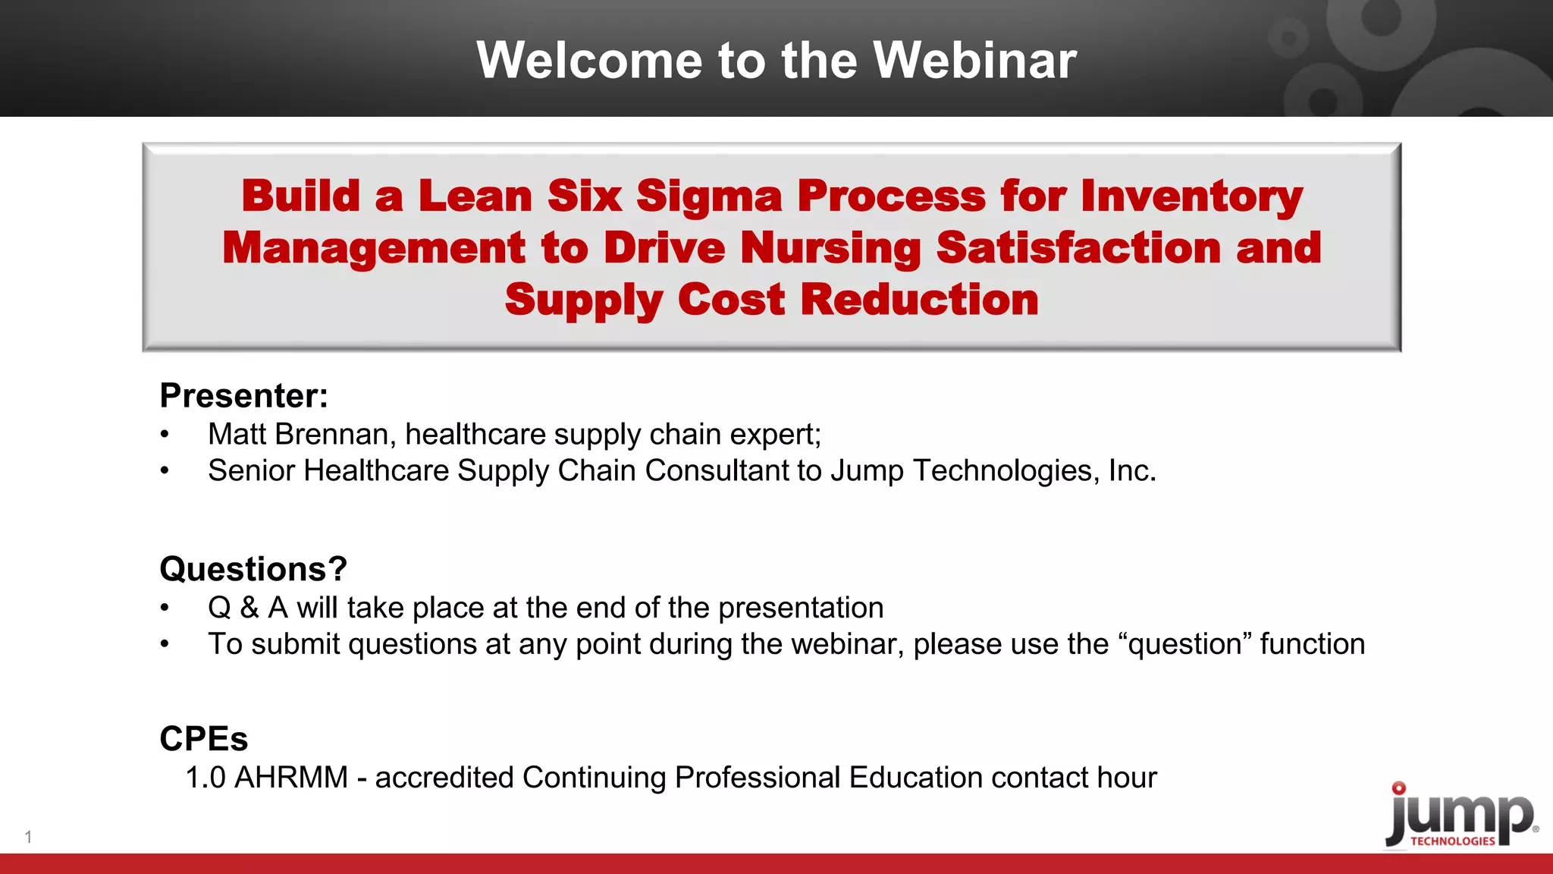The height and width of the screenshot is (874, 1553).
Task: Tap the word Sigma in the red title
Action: click(x=708, y=196)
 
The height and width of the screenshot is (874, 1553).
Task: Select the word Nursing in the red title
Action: click(x=830, y=248)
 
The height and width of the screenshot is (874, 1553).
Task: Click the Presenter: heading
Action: click(x=243, y=396)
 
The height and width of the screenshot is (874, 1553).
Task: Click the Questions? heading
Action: click(x=253, y=569)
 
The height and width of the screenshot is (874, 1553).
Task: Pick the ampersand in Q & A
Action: click(x=249, y=608)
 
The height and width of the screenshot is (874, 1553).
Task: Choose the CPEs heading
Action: click(x=203, y=739)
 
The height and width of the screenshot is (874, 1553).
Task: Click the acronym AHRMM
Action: click(x=291, y=778)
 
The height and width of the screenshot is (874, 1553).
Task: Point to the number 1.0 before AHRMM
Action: click(x=205, y=778)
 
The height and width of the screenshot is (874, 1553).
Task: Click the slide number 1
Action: click(x=28, y=838)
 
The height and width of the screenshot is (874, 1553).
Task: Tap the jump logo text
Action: click(x=1460, y=816)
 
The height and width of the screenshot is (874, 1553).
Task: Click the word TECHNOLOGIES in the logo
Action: click(x=1452, y=841)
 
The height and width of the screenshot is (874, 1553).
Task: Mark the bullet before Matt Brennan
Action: click(x=165, y=435)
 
